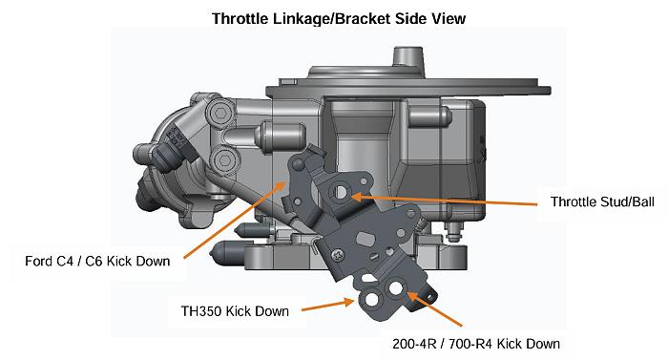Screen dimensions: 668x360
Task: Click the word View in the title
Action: (x=446, y=18)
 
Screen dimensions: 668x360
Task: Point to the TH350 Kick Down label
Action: (x=235, y=310)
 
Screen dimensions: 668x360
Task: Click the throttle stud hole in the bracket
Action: (x=341, y=193)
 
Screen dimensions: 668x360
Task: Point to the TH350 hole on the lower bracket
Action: (x=368, y=301)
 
